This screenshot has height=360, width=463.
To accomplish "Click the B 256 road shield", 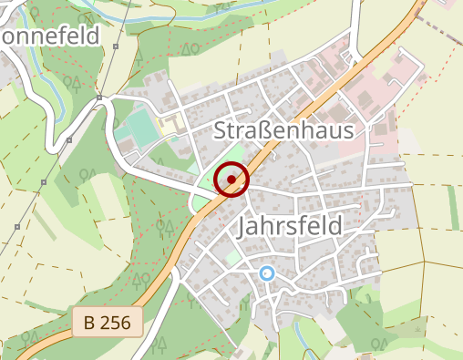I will click(x=108, y=322).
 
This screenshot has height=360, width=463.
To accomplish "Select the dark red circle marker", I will click(x=232, y=180).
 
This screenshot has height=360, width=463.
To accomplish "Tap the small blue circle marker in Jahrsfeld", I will click(x=266, y=273).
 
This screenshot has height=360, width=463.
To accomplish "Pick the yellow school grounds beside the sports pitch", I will click(x=170, y=122).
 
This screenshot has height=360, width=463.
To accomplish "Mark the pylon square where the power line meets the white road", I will click(x=69, y=140).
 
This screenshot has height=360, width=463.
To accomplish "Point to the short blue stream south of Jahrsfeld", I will click(x=311, y=352).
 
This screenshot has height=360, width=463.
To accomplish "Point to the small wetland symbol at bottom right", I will click(x=417, y=326).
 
